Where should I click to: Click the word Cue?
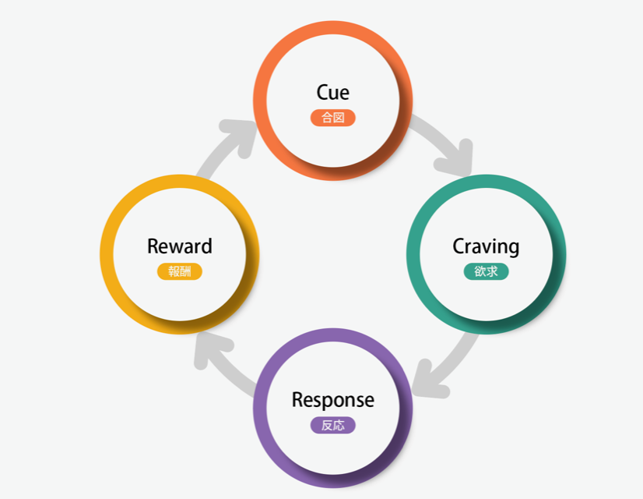point(332,93)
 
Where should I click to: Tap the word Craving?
point(486,246)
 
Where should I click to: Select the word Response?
point(333,400)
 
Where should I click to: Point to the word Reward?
point(180,246)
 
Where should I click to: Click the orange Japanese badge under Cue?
point(333,118)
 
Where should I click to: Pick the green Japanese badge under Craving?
point(487,271)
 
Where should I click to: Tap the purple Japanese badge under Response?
point(333,425)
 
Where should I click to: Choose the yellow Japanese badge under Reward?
point(180,271)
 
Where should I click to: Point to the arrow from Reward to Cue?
point(223,143)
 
